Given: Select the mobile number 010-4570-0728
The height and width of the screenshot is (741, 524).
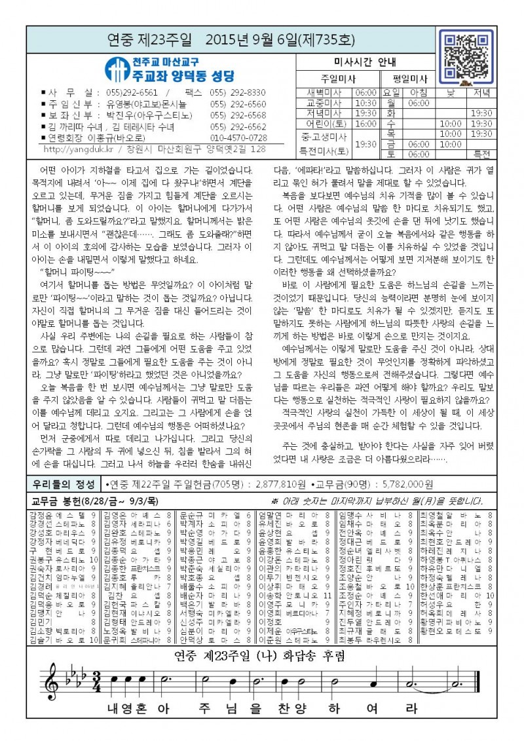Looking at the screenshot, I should (x=238, y=138).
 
